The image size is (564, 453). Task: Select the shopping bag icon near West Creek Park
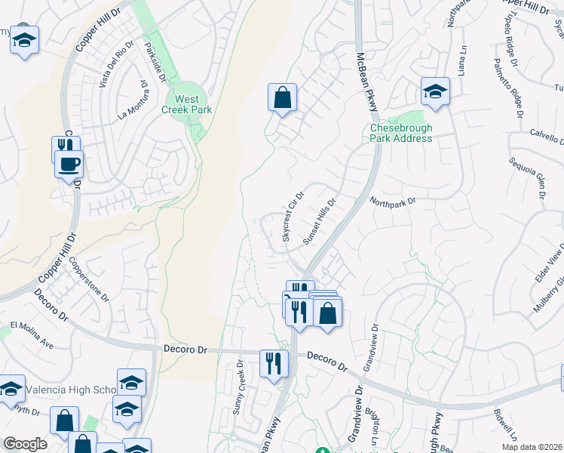click(x=282, y=98)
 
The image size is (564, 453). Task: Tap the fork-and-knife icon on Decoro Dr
click(x=274, y=363)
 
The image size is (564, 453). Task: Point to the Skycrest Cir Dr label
click(x=293, y=217)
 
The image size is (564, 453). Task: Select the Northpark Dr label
click(x=392, y=201)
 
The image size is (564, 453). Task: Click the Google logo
click(x=25, y=444)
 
